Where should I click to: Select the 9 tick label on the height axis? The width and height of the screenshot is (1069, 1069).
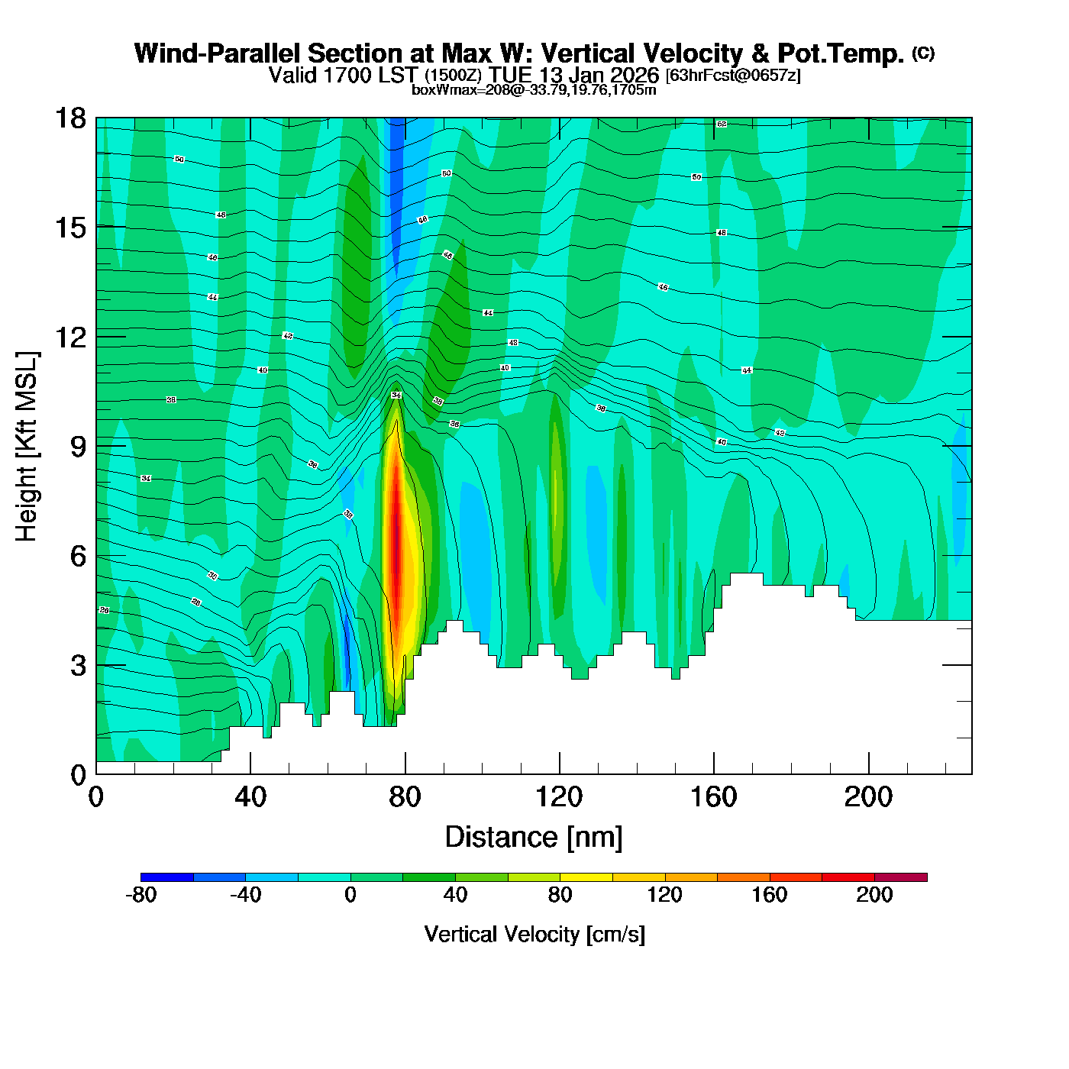77,447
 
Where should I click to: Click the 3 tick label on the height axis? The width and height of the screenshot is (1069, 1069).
77,666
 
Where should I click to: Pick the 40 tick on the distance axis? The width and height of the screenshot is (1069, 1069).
250,797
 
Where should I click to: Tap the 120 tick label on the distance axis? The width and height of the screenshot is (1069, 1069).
559,797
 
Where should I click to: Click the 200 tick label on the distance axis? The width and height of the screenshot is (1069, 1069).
868,797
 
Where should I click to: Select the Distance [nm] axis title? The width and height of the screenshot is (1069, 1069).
534,838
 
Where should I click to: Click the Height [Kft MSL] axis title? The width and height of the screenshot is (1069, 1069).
27,447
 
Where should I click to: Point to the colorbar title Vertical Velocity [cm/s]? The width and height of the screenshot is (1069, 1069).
534,934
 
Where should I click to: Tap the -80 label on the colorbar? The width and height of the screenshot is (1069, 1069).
140,895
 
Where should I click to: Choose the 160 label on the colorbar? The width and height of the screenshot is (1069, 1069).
769,895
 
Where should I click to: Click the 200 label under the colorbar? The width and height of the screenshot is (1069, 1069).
874,895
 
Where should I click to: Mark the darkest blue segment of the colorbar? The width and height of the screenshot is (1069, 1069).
167,877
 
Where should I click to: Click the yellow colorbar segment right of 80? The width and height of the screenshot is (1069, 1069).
586,877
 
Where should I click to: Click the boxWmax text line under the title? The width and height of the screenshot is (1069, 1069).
534,90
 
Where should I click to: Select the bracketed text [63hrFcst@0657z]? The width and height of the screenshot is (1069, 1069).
733,76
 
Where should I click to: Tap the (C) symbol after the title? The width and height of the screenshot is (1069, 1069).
923,53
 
